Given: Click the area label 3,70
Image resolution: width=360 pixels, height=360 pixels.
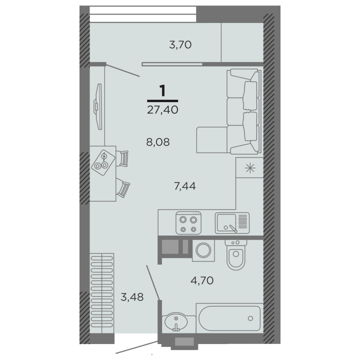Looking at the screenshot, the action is (x=180, y=44).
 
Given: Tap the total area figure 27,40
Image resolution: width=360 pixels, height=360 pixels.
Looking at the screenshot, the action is (x=162, y=109).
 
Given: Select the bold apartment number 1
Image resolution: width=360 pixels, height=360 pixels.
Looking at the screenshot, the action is (x=162, y=90).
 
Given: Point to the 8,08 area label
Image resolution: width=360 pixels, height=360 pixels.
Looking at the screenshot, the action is (x=158, y=142).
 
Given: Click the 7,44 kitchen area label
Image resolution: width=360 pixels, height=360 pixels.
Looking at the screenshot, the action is (x=185, y=185).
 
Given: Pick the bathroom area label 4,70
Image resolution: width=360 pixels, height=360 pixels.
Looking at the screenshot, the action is (x=202, y=280).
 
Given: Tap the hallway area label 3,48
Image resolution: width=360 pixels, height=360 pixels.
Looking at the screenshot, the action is (x=132, y=297).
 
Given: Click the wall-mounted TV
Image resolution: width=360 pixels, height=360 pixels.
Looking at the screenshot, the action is (x=98, y=107).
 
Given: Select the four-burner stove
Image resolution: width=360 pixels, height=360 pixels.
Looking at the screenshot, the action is (x=188, y=223).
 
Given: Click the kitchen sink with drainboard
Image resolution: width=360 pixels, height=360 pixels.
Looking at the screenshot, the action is (x=232, y=223).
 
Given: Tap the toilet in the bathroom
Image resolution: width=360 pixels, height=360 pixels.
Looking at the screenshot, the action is (x=236, y=255).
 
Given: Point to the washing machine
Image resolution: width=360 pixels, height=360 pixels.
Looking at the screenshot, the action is (x=203, y=250).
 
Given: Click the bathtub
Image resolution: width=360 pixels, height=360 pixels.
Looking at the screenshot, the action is (x=229, y=318).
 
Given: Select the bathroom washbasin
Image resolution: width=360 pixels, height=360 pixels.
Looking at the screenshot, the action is (x=175, y=322).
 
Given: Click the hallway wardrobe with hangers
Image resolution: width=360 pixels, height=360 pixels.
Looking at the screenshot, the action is (x=101, y=293).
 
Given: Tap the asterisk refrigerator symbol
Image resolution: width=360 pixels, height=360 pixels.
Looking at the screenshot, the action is (x=250, y=168).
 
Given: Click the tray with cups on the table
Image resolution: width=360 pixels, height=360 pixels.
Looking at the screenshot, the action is (x=103, y=162).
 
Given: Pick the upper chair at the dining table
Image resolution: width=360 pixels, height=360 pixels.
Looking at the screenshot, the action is (x=122, y=158).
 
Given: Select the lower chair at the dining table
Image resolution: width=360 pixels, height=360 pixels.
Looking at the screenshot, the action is (x=123, y=189).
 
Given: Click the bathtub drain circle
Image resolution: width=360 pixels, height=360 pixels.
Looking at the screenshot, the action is (x=250, y=318).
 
